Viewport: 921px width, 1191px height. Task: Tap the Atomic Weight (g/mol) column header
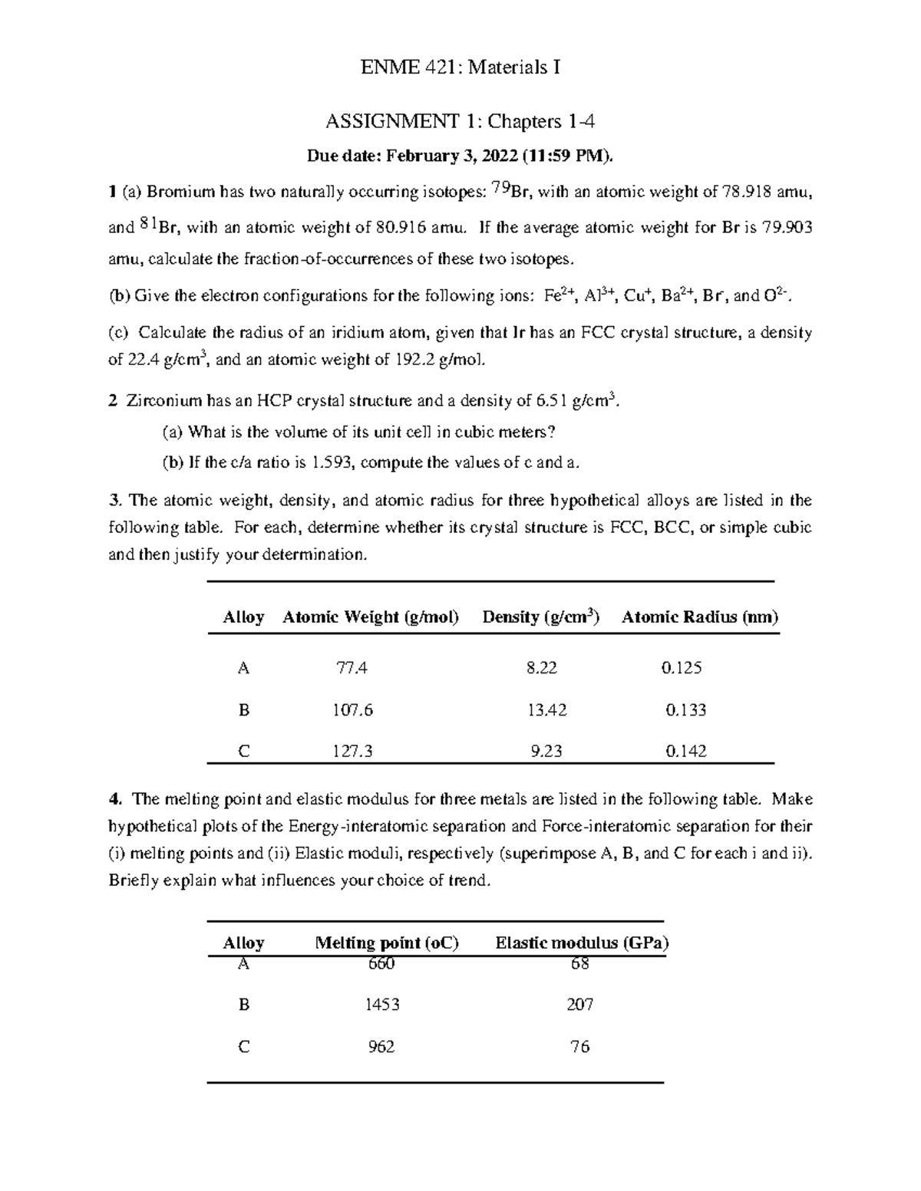(x=371, y=617)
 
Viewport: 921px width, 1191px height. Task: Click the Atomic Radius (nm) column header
(x=699, y=617)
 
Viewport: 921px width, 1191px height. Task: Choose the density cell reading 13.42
(x=546, y=710)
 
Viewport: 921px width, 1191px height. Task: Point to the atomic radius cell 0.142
(x=685, y=752)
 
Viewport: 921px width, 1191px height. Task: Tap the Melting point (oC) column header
(x=387, y=943)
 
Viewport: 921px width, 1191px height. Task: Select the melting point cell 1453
(x=382, y=1005)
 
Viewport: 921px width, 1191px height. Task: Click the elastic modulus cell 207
(x=579, y=1005)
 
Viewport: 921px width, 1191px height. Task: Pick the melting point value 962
(x=381, y=1047)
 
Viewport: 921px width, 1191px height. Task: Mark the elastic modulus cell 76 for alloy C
(x=579, y=1047)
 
